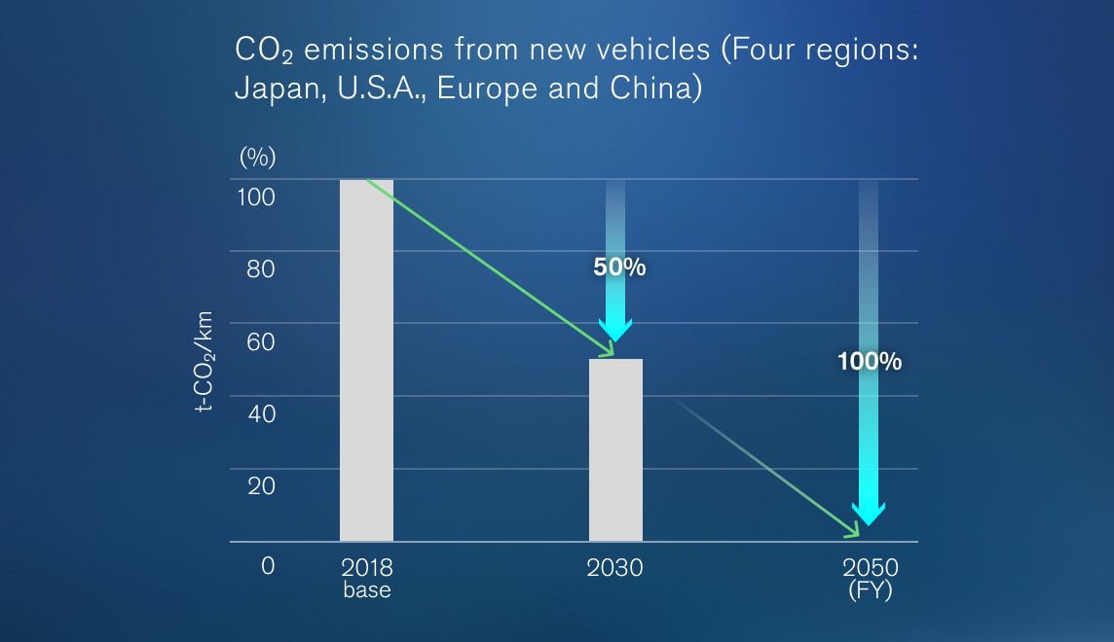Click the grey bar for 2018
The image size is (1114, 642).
click(x=366, y=360)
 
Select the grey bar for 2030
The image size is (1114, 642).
click(x=615, y=449)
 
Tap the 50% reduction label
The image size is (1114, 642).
click(x=619, y=267)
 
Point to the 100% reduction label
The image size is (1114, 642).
click(x=870, y=362)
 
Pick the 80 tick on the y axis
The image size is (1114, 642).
click(x=260, y=269)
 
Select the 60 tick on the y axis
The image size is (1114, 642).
click(x=260, y=341)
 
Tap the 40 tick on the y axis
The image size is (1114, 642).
click(x=260, y=413)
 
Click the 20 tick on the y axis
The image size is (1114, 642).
click(x=260, y=485)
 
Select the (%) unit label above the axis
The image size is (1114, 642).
click(x=258, y=156)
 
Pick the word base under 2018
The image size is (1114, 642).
click(x=366, y=590)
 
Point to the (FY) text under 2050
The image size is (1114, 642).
click(x=870, y=591)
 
